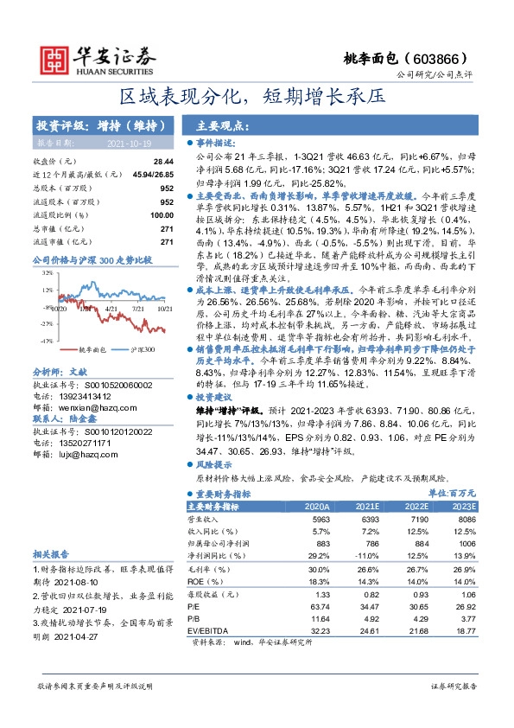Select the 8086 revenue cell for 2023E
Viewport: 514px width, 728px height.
(x=465, y=519)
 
